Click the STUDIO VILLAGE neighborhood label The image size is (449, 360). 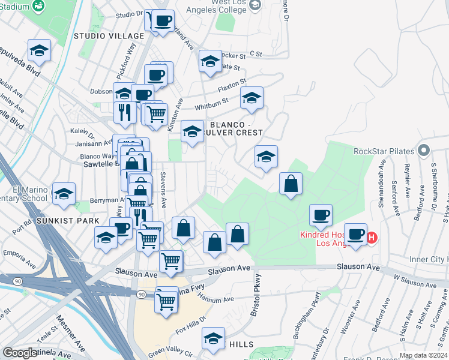tap(101, 36)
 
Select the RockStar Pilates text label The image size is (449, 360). tap(384, 151)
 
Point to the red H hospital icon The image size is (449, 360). tap(372, 238)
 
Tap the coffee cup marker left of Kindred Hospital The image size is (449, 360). tap(321, 215)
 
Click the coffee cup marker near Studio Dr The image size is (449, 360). tap(163, 21)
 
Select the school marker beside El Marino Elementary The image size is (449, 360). tap(64, 194)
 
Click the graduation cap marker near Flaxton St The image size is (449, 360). tap(252, 97)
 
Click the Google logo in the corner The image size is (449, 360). tap(20, 353)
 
